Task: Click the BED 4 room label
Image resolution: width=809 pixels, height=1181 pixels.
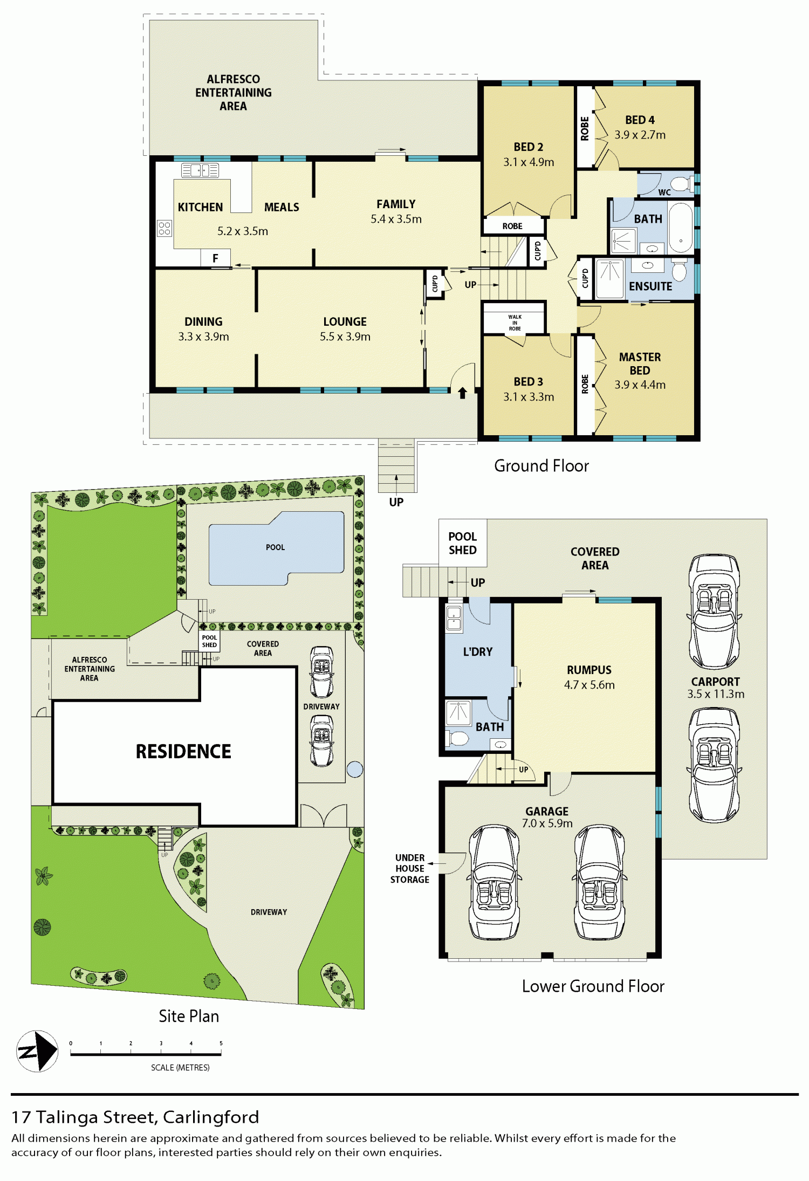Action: [x=640, y=120]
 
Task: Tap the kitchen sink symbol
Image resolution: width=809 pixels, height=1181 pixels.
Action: [x=200, y=170]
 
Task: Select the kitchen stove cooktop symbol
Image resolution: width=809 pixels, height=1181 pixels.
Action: [x=164, y=228]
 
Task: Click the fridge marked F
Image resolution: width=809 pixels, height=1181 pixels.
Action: [x=215, y=258]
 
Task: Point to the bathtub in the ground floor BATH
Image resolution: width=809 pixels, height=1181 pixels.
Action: [x=681, y=227]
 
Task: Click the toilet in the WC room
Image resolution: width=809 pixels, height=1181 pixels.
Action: [x=681, y=184]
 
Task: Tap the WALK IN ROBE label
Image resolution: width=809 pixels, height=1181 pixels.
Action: [x=515, y=322]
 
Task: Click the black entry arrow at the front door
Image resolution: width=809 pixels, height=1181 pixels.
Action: [x=462, y=393]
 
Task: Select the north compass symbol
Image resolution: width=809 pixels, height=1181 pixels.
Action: [x=37, y=1051]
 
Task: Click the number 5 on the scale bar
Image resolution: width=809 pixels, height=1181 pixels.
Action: [x=221, y=1043]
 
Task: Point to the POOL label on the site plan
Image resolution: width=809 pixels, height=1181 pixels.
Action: [x=275, y=547]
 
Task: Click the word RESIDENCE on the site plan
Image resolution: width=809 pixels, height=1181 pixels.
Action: [x=183, y=751]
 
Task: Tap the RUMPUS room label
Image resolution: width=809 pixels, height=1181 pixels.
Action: [x=589, y=670]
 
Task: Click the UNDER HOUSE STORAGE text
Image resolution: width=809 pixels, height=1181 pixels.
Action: [x=410, y=868]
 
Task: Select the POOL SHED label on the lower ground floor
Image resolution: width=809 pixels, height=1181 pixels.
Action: [x=463, y=543]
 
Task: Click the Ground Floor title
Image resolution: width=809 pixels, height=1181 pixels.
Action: [x=541, y=465]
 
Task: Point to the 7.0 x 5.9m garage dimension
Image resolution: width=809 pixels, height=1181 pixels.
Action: [x=547, y=823]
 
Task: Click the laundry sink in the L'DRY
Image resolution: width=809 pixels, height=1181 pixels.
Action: [x=454, y=618]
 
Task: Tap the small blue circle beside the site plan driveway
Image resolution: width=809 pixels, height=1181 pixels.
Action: [x=355, y=769]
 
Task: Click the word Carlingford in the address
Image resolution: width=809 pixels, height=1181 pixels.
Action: [x=211, y=1117]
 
